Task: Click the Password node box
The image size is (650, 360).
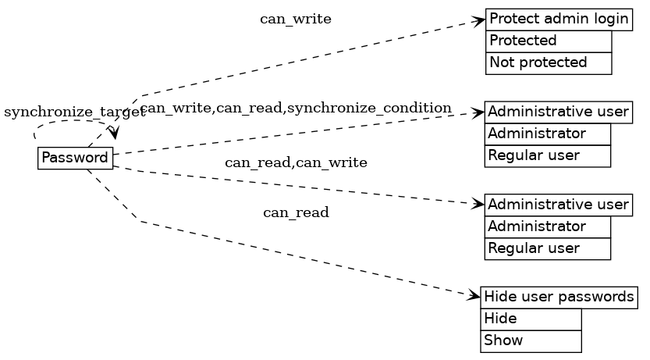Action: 75,158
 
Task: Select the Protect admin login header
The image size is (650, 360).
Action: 559,20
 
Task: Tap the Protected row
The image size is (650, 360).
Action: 549,41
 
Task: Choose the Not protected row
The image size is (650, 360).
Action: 549,63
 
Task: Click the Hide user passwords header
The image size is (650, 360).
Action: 559,298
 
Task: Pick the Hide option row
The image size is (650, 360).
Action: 531,319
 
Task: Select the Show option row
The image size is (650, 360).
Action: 531,341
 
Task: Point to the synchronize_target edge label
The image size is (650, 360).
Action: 74,112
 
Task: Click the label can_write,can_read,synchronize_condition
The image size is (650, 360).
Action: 297,108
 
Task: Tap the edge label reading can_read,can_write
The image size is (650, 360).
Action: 296,162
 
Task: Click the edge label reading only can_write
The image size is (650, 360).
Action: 296,20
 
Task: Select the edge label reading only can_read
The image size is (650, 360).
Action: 296,212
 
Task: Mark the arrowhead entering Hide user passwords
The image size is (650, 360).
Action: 474,296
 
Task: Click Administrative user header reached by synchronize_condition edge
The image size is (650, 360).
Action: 558,112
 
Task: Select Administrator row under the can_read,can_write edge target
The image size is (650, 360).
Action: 547,227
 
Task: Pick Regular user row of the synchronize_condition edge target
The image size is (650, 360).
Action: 547,156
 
